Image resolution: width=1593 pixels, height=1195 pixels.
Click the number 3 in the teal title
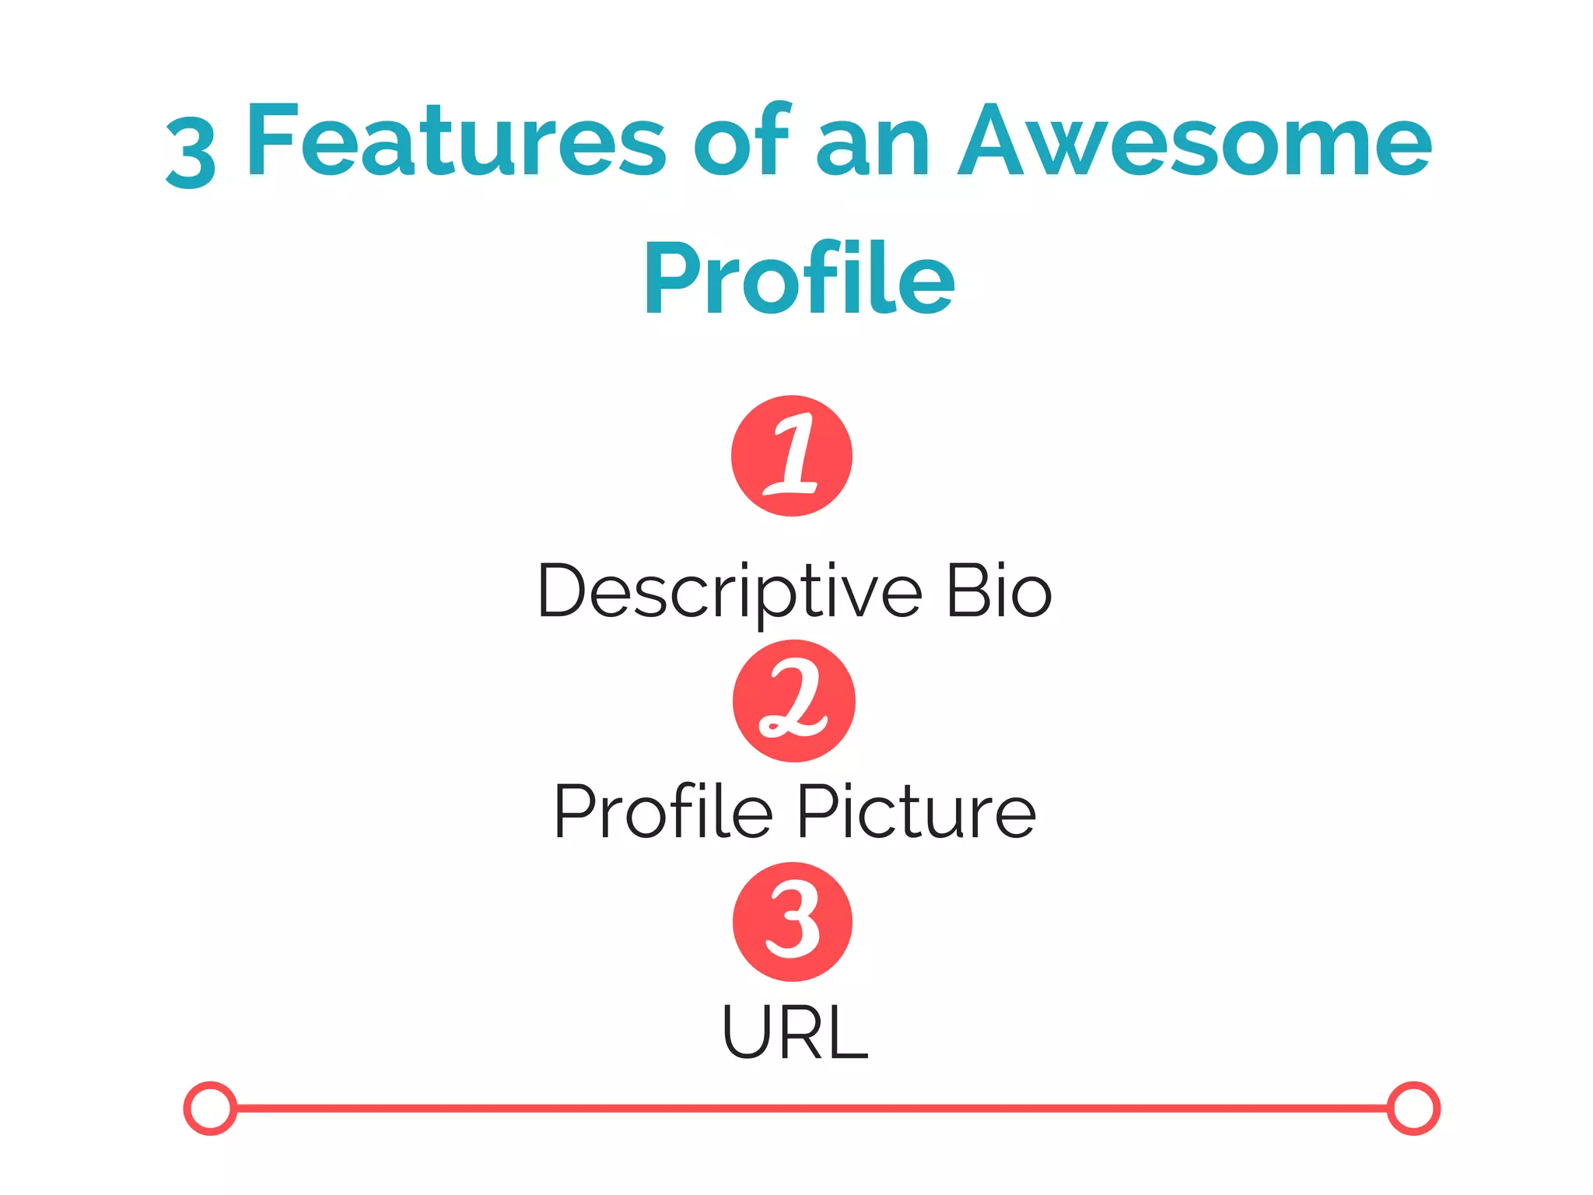click(191, 152)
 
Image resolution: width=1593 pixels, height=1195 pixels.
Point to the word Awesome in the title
click(1194, 142)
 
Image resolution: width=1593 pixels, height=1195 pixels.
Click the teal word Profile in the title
click(799, 278)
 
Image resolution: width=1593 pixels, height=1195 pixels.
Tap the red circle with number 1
click(792, 456)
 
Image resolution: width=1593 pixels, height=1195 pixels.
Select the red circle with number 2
click(793, 700)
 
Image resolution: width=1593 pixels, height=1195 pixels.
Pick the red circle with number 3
click(793, 922)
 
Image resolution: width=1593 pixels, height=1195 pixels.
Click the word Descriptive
click(729, 593)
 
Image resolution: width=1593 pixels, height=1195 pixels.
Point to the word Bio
click(999, 591)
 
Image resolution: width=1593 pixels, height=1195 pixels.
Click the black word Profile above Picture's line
click(663, 811)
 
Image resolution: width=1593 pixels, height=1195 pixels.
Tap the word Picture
click(916, 811)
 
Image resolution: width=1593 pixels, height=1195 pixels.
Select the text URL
click(794, 1032)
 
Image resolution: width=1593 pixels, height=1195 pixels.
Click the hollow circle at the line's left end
click(210, 1108)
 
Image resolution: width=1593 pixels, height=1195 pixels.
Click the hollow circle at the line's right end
click(1413, 1108)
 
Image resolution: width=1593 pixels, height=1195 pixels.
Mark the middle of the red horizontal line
click(812, 1108)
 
